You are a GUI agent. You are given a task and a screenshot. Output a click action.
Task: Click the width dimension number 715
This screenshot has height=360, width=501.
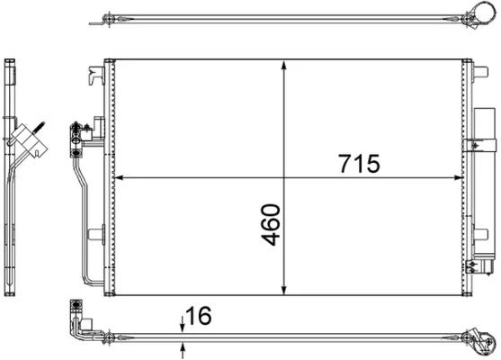point(359,164)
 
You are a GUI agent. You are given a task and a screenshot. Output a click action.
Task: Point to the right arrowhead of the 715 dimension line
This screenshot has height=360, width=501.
point(461,176)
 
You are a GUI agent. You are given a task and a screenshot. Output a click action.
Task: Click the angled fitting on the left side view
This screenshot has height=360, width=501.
point(27,137)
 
